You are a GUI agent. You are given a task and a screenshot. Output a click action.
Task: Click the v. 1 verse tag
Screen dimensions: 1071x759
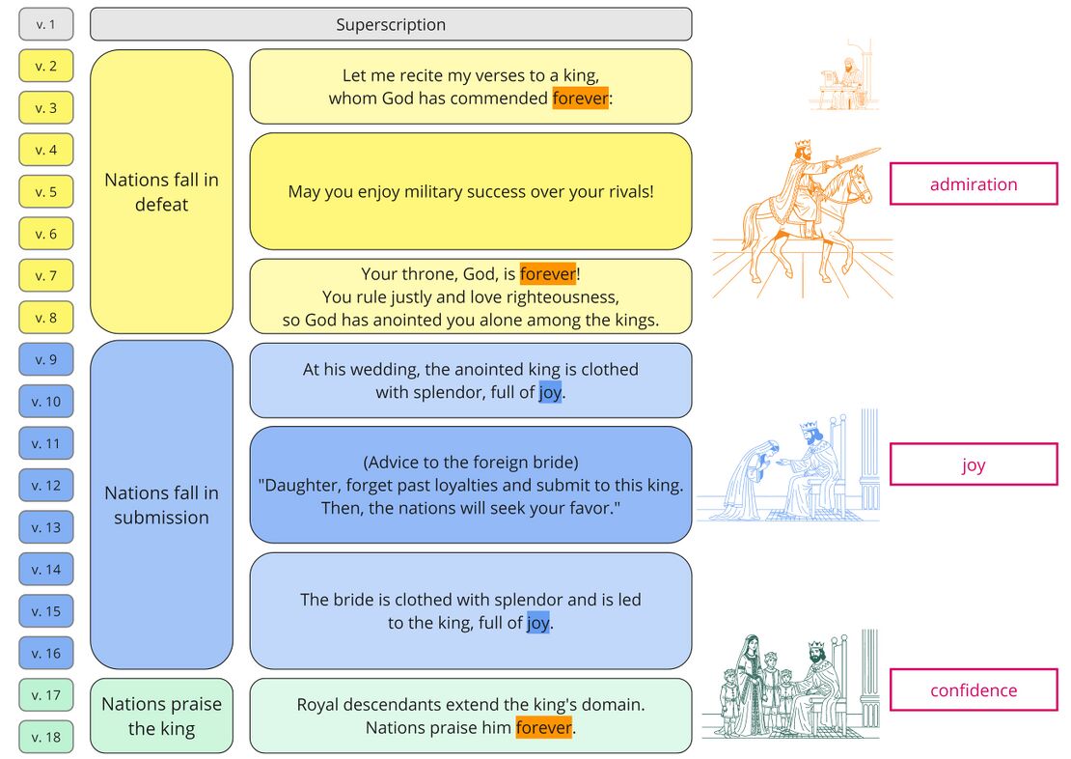pos(45,24)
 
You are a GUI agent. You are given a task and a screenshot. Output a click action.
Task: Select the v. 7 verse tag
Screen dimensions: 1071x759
pos(45,275)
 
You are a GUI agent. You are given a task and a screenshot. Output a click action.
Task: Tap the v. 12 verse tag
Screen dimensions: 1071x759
pos(45,486)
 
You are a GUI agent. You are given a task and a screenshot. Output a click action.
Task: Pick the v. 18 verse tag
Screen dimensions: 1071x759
pos(45,737)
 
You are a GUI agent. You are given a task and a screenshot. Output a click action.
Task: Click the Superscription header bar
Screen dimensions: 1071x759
pos(391,24)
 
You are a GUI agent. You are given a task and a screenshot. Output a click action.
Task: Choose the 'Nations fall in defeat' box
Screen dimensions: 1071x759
pos(161,191)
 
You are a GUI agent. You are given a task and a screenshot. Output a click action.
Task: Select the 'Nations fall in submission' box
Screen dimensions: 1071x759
pos(161,505)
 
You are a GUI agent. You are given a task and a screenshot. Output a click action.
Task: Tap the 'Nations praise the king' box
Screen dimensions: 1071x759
pos(161,716)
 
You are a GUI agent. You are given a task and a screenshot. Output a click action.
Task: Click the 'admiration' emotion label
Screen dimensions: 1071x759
pos(974,183)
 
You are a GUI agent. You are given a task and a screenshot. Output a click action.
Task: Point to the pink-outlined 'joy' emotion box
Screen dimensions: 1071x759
pos(974,465)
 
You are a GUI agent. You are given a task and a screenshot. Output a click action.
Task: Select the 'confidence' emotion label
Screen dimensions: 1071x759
pos(974,689)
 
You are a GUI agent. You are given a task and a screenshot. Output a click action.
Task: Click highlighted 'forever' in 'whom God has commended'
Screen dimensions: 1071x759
pos(580,98)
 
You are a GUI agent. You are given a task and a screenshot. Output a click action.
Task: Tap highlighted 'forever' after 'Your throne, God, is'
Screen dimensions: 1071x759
pos(548,274)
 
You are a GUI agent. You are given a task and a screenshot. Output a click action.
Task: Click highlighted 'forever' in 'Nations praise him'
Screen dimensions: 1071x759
pos(543,727)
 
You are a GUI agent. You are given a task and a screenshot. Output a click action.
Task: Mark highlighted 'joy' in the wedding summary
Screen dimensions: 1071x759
pos(550,392)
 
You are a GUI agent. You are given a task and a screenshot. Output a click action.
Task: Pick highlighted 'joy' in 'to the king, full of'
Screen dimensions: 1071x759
pos(537,623)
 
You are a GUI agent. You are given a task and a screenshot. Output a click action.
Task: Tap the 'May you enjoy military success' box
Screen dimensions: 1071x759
pos(471,191)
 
